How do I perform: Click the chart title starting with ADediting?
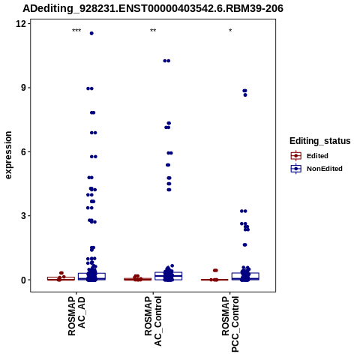point(153,8)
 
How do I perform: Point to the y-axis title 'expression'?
point(8,155)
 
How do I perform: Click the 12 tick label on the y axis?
point(21,24)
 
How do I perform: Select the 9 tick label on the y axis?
point(23,88)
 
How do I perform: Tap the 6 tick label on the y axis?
point(23,151)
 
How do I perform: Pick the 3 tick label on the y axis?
point(23,216)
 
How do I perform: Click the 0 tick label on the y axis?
point(23,280)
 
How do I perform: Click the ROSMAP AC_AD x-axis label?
point(76,316)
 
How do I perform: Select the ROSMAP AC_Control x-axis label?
point(153,321)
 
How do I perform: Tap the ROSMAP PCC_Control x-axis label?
point(230,324)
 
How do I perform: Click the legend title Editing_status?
point(320,141)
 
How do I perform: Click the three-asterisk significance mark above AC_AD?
point(76,31)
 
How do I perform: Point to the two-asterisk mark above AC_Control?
point(153,31)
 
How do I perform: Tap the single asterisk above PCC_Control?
point(230,31)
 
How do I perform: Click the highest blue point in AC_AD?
point(91,33)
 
